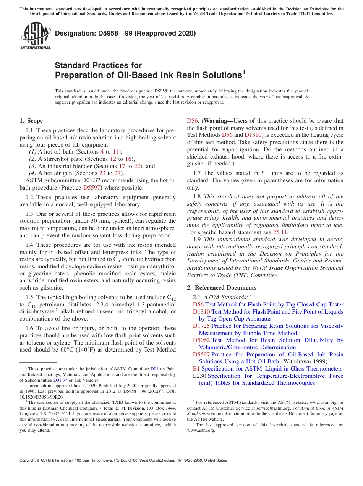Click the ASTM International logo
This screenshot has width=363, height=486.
(36, 36)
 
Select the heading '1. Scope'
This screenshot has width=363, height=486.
(31, 121)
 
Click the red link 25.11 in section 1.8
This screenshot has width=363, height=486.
(280, 232)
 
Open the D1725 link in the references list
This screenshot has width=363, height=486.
(201, 326)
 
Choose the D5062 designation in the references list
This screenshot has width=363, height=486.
(201, 340)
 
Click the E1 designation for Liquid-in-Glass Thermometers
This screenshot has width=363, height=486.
(196, 369)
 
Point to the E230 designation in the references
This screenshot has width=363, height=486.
(200, 376)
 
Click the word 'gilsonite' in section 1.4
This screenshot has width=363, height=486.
(51, 288)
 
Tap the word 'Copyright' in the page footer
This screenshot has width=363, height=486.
(29, 460)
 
